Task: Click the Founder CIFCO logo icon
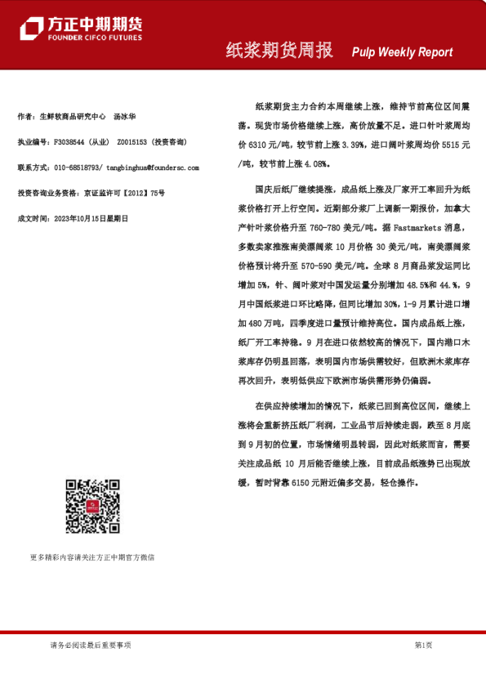coord(30,29)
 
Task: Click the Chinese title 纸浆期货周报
coord(279,51)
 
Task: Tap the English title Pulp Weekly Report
coord(402,52)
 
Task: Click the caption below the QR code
coord(92,557)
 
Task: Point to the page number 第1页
coord(423,646)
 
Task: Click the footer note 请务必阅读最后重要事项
coord(91,646)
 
